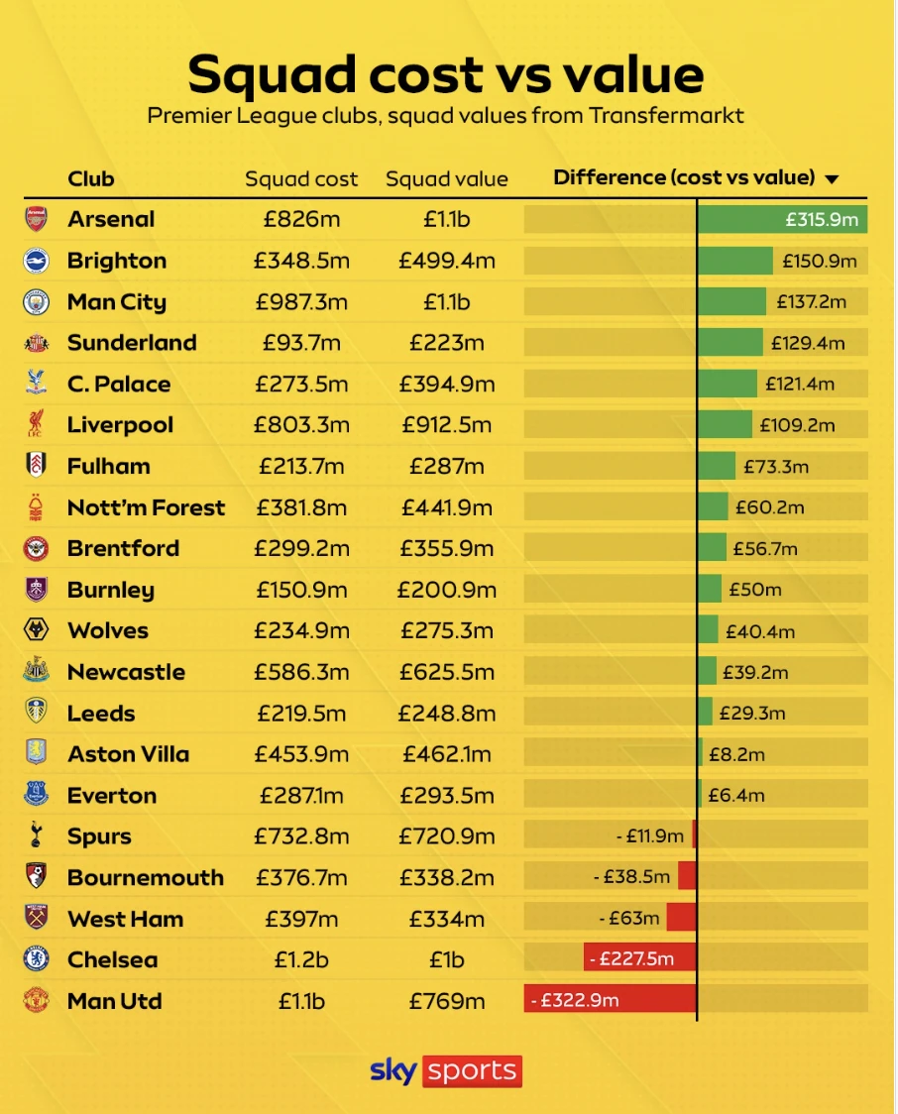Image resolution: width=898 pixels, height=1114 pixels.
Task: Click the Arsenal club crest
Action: coord(36,219)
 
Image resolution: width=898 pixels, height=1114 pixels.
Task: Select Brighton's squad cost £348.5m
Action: coord(301,261)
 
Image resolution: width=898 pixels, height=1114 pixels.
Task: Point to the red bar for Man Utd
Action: coord(610,1000)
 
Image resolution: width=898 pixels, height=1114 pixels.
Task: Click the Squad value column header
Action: coord(446,179)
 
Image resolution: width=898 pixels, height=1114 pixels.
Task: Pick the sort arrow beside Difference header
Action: coord(832,179)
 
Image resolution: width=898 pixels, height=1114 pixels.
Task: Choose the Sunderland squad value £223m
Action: coord(446,343)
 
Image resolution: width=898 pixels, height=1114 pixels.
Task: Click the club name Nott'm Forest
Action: coord(146,507)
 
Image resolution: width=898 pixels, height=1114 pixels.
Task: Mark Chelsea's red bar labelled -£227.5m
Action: coord(639,958)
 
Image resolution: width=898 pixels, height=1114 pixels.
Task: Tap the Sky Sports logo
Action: coord(446,1071)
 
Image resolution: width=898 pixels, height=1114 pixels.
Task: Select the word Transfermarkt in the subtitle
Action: coord(666,115)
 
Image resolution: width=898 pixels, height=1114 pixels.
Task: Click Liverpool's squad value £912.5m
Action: coord(446,425)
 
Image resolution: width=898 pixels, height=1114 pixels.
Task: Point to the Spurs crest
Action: coord(36,835)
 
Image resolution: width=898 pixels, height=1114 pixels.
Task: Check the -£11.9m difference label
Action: coord(649,835)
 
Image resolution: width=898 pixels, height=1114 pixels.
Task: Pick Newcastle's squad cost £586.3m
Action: coord(301,672)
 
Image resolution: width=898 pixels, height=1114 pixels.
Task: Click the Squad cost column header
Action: coord(301,179)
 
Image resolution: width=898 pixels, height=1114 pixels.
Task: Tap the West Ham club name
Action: coord(125,919)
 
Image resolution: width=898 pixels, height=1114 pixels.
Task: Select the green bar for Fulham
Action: coord(716,466)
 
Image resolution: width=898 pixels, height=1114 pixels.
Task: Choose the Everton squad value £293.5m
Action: coord(446,795)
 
